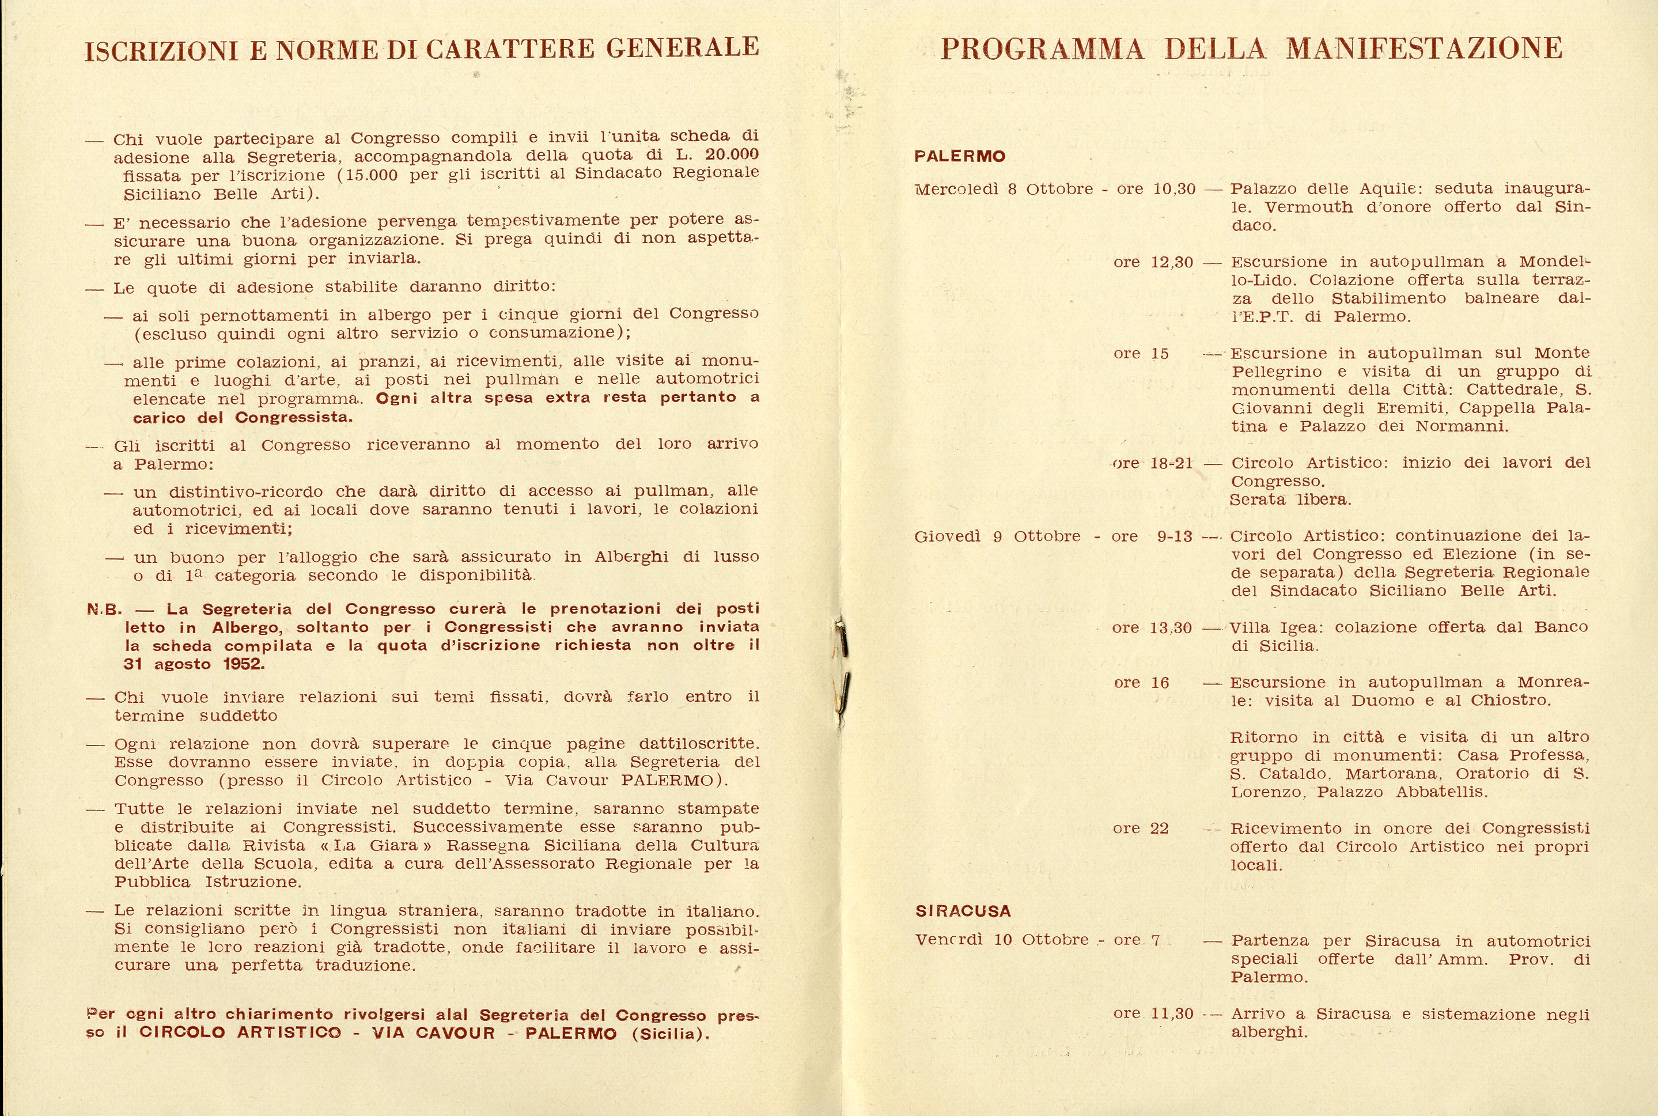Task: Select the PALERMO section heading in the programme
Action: (959, 157)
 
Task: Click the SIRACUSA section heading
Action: (963, 911)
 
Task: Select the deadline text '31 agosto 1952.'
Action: (194, 664)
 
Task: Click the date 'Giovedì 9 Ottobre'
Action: (997, 536)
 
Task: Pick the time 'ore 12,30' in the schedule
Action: (1153, 262)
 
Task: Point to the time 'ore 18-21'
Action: (1153, 463)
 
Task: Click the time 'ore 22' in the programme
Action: (1141, 829)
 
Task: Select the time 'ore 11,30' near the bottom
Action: (1153, 1013)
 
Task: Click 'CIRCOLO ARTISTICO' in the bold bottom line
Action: (240, 1032)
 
